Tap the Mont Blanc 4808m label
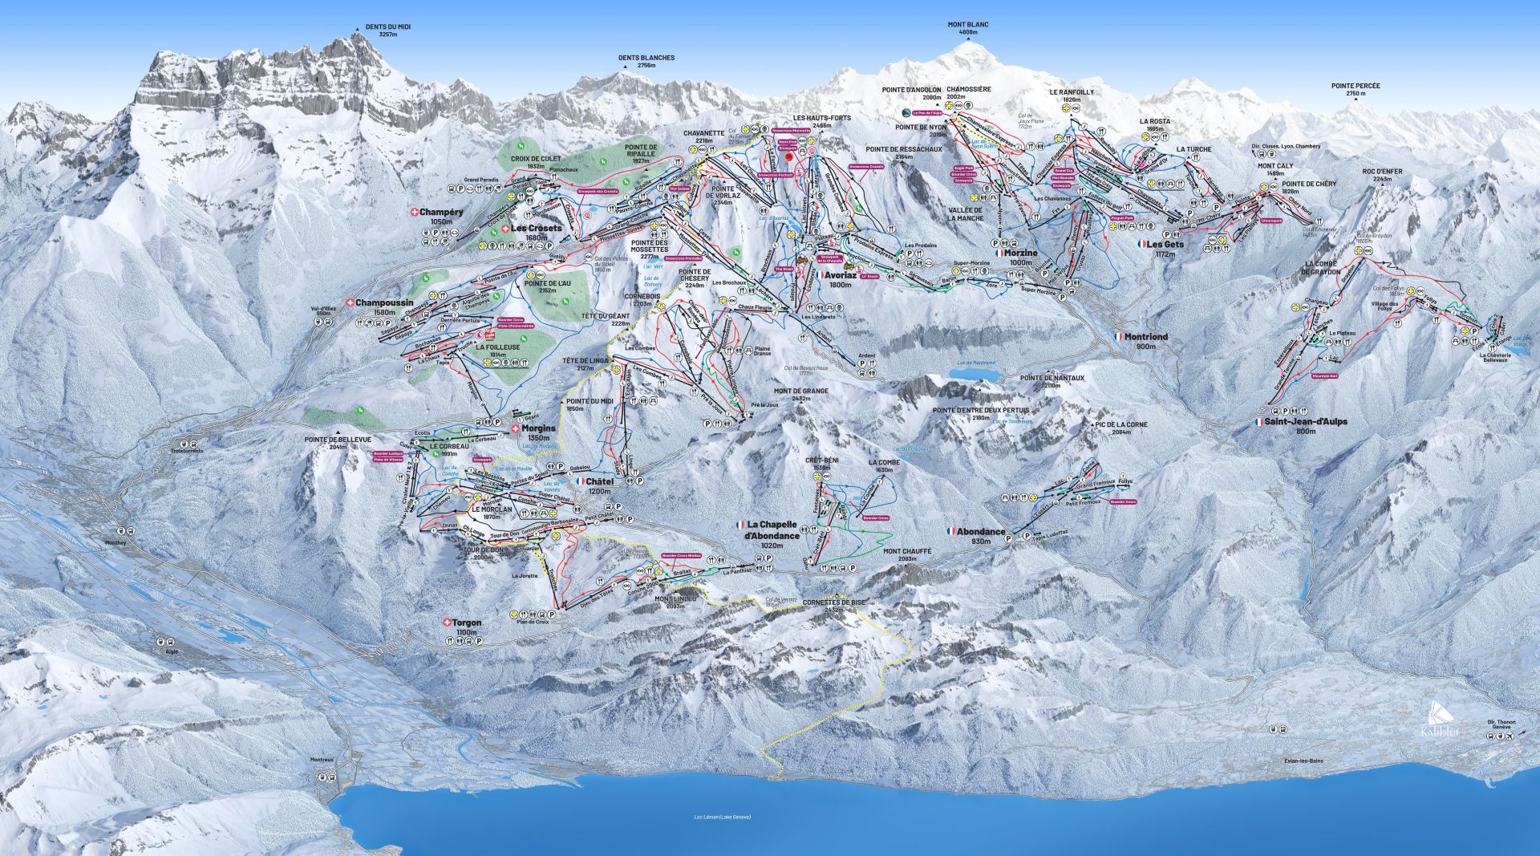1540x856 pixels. click(x=968, y=29)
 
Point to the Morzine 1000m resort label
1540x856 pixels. click(x=1020, y=257)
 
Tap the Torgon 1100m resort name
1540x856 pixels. click(x=466, y=627)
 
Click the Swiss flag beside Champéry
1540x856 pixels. click(x=414, y=213)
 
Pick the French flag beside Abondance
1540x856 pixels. click(x=951, y=531)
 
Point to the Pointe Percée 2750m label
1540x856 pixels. click(x=1356, y=89)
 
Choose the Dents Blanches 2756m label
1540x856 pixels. click(x=646, y=62)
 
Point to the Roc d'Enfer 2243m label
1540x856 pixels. click(x=1382, y=175)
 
